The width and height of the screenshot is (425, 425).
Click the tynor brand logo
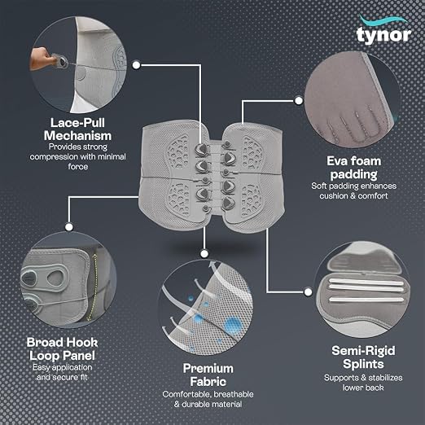(383, 30)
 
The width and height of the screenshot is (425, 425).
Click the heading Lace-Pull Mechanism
(77, 129)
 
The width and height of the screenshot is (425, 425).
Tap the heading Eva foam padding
(353, 168)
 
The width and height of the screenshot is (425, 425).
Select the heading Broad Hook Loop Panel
(62, 349)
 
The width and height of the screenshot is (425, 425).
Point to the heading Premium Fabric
(208, 375)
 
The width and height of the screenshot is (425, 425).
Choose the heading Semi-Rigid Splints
(363, 357)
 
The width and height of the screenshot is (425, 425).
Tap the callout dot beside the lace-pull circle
(137, 65)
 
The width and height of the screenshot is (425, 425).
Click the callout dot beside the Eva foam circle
(299, 101)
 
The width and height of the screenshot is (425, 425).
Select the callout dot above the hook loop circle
(69, 227)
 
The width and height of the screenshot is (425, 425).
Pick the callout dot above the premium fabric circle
(204, 254)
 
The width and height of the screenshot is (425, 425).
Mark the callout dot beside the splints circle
(308, 292)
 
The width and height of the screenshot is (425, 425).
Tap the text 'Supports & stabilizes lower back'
(363, 383)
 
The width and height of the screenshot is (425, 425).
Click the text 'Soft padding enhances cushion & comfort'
(353, 191)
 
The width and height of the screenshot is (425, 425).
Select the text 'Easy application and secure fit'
(62, 372)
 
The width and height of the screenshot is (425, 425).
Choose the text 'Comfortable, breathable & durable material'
(208, 399)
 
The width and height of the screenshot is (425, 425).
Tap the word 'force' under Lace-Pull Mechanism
(78, 166)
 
